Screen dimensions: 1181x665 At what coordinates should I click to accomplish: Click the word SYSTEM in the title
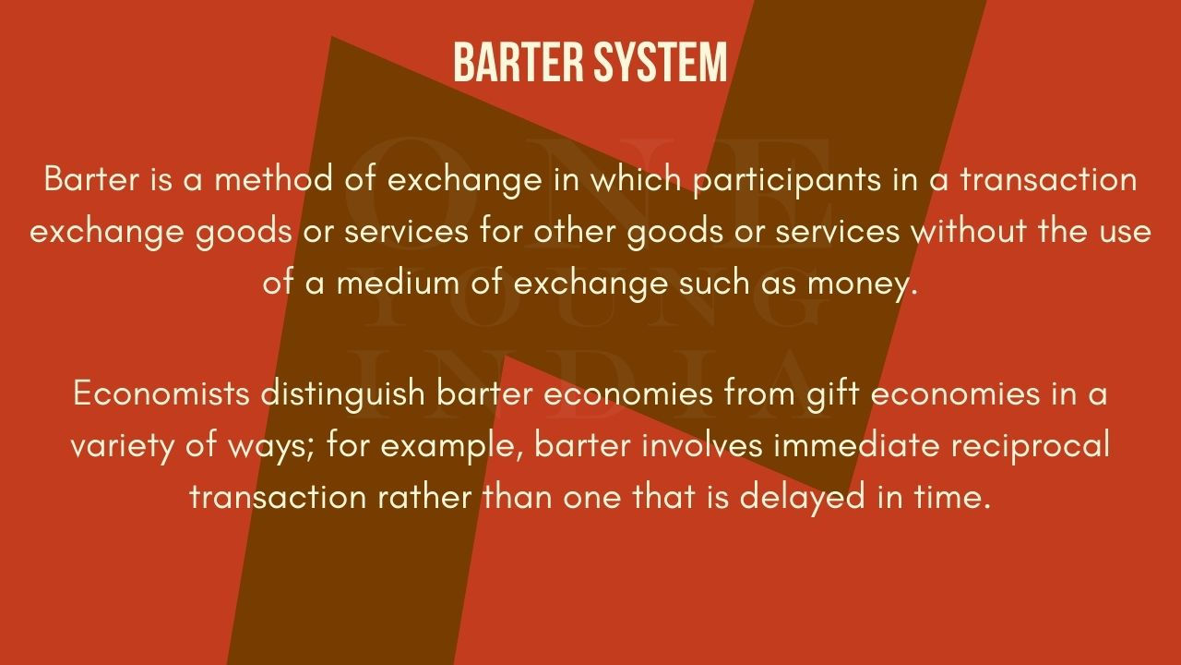pos(661,62)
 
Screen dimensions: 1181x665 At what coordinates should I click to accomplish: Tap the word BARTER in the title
pos(519,62)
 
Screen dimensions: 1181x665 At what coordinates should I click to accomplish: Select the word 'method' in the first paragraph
pos(274,178)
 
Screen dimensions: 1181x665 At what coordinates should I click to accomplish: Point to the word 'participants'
pos(787,180)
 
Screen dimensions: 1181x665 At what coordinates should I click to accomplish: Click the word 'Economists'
pos(161,393)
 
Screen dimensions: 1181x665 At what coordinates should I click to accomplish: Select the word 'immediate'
pos(857,444)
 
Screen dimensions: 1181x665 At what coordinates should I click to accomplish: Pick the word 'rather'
pos(425,496)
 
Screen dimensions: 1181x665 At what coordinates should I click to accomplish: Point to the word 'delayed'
pos(802,499)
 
